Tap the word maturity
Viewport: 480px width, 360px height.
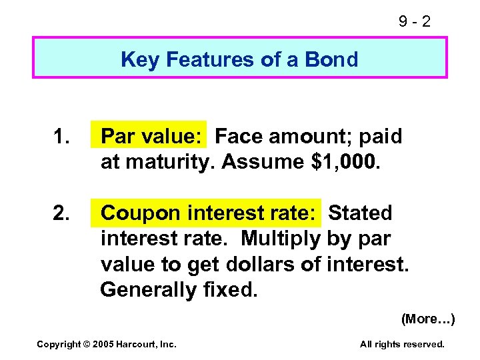(x=169, y=162)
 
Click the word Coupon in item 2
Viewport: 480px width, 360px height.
(x=141, y=213)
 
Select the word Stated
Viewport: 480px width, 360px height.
(x=360, y=213)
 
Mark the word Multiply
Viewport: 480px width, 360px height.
(x=282, y=239)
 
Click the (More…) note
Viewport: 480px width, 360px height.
(x=427, y=319)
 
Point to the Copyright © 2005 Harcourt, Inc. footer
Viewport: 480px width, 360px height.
(x=106, y=344)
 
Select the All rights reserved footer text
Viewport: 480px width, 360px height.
(x=402, y=344)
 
